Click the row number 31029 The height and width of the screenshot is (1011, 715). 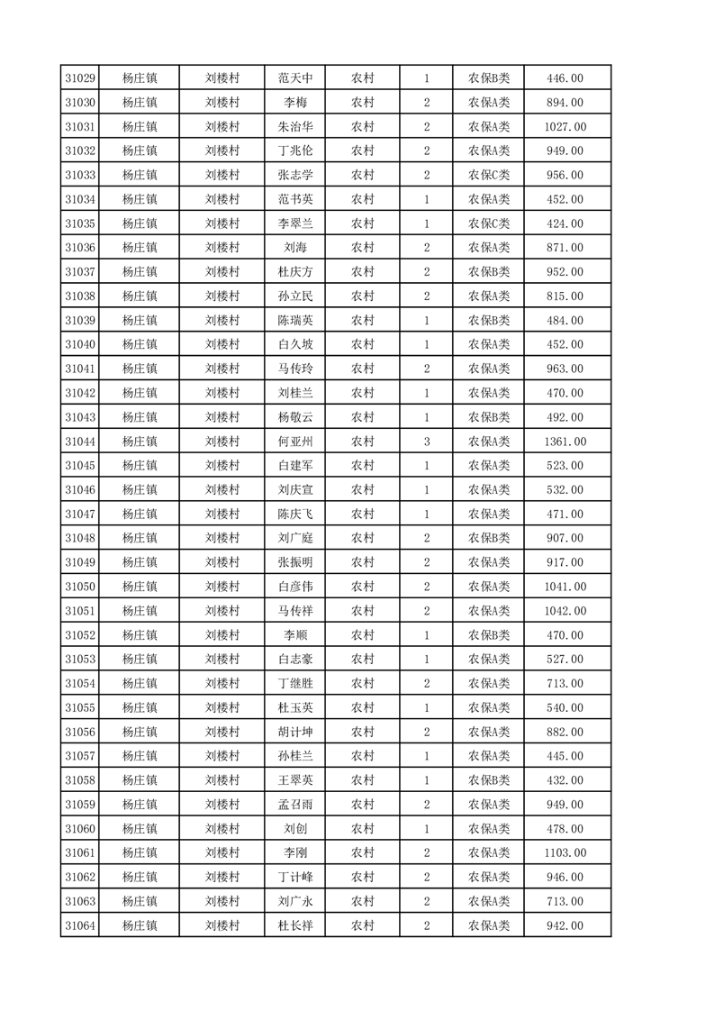tap(80, 78)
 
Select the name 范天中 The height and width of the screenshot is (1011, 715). tap(295, 78)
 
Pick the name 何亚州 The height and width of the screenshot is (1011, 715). tap(295, 442)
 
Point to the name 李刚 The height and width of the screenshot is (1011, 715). tap(295, 852)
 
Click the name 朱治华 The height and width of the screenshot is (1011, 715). tap(295, 127)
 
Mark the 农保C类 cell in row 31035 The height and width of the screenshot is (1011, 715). tap(488, 223)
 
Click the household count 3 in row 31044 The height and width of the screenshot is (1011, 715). tap(426, 442)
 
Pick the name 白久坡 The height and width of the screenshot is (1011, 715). tap(295, 344)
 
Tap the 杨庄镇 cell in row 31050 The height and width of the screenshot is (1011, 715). tap(140, 587)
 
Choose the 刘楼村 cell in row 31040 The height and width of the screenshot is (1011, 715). tap(222, 344)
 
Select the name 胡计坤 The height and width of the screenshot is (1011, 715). tap(295, 732)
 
